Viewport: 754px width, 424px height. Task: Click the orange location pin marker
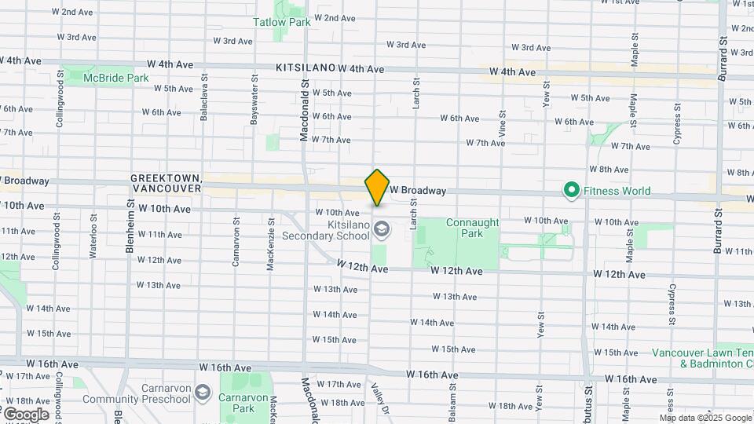point(378,187)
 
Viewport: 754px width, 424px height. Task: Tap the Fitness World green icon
point(571,190)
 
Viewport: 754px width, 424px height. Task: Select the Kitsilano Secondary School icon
point(382,229)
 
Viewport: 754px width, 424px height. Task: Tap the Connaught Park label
point(472,228)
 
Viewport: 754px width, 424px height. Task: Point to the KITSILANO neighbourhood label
point(306,69)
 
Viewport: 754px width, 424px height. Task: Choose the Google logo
point(25,414)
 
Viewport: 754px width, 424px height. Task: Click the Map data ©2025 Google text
point(705,418)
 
